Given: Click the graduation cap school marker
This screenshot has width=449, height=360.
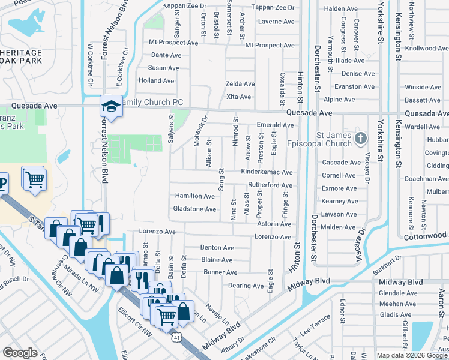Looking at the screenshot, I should pyautogui.click(x=111, y=106).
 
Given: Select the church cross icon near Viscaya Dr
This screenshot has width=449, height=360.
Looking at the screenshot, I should pyautogui.click(x=360, y=139).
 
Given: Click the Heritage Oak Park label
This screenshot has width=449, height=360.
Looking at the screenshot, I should pyautogui.click(x=21, y=56).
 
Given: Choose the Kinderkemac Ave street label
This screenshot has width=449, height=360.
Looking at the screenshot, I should pyautogui.click(x=267, y=172).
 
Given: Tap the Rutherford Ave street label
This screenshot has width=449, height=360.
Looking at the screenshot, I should pyautogui.click(x=270, y=185).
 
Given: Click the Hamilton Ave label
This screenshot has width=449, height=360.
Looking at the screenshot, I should pyautogui.click(x=195, y=196).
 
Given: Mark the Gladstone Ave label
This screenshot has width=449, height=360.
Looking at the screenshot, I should pyautogui.click(x=194, y=209).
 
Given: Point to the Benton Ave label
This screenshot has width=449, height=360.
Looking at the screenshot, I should pyautogui.click(x=217, y=247).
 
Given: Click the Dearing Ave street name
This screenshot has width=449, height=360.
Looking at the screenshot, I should pyautogui.click(x=246, y=286).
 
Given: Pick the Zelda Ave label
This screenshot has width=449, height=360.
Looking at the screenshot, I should pyautogui.click(x=240, y=84).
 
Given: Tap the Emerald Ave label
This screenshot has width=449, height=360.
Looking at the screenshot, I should pyautogui.click(x=275, y=125).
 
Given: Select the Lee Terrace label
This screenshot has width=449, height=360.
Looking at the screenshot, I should pyautogui.click(x=316, y=326).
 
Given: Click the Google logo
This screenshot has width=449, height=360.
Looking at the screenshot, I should pyautogui.click(x=20, y=353).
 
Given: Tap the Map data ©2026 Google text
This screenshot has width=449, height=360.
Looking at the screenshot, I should pyautogui.click(x=411, y=355).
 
